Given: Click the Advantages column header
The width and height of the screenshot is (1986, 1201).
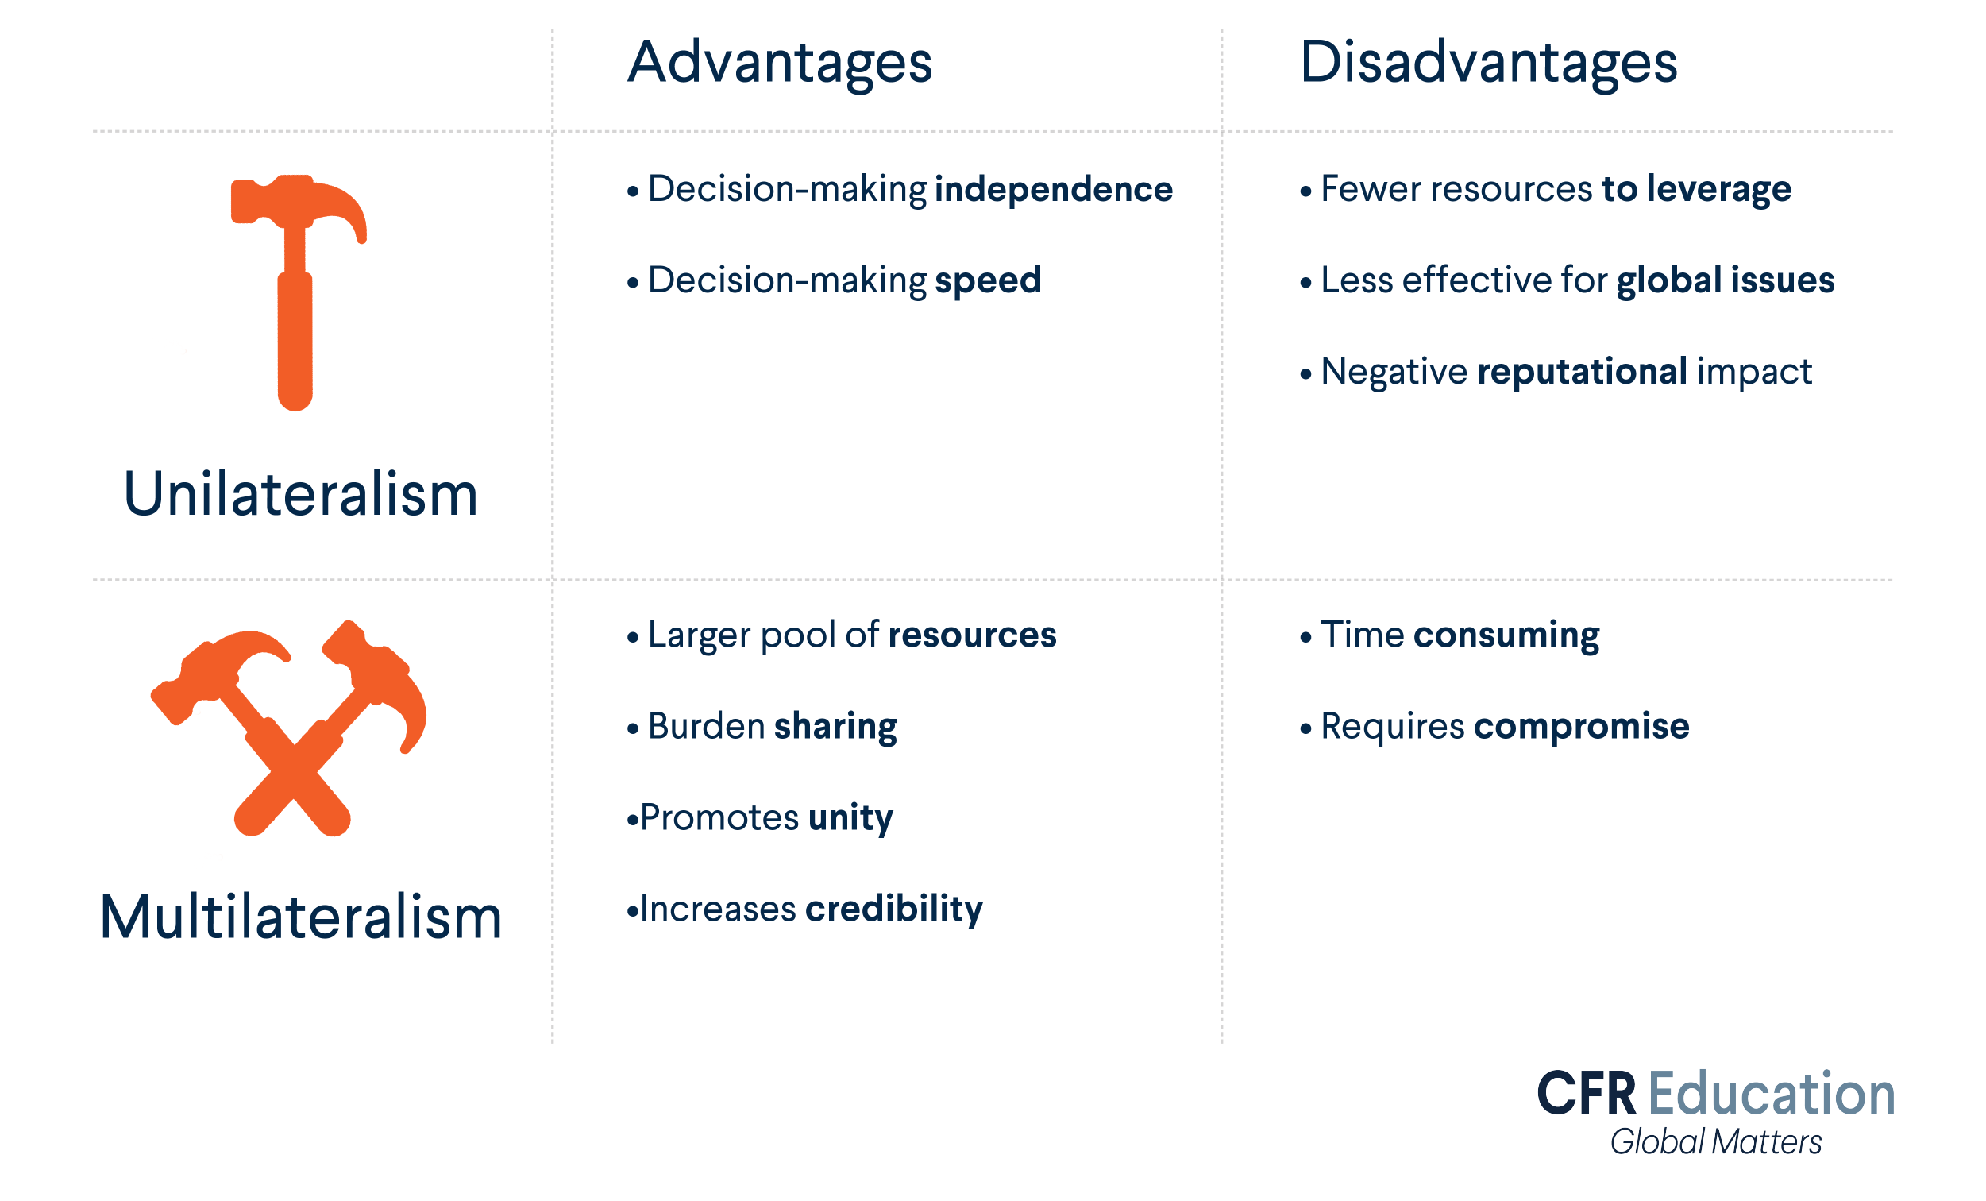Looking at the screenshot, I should coord(780,63).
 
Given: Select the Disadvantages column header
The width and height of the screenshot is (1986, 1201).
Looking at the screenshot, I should coord(1488,63).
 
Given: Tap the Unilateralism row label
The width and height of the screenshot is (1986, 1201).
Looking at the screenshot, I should coord(301,494).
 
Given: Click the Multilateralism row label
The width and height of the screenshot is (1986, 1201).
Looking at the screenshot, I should coord(301,917).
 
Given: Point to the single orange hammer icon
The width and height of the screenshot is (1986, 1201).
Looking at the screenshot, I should coord(296,290).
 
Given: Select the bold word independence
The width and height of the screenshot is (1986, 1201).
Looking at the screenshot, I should coord(1054,189).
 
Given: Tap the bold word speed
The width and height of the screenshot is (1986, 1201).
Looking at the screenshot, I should coord(988,280).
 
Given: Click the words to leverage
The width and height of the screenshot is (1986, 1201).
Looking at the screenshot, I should coord(1696,189).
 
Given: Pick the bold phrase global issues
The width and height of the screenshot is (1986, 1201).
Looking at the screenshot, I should coord(1725,280).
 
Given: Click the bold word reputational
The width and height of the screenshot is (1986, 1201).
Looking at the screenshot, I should coord(1581,372).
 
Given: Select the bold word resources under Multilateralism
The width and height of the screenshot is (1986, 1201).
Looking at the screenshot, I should coord(972,635).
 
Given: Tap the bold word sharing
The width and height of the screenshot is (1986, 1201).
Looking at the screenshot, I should coord(836,727).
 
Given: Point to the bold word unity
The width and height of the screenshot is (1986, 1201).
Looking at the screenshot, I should coord(850,818).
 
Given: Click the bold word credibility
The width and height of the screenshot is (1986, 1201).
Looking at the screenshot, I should coord(894,909).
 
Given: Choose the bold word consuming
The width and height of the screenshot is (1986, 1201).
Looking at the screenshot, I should coord(1506,635).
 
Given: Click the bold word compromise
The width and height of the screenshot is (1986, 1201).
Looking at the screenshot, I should coord(1581,727).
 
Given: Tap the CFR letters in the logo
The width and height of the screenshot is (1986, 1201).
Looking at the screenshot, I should coord(1587,1095).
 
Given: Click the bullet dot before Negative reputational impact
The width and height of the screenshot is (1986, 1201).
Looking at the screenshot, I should coord(1305,374).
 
